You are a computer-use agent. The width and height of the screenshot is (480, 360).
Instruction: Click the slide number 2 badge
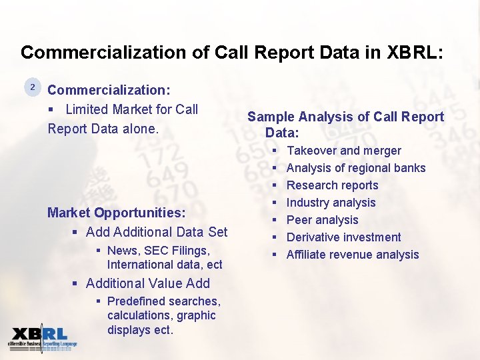point(31,87)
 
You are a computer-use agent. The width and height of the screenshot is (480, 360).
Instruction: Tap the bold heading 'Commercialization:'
point(109,90)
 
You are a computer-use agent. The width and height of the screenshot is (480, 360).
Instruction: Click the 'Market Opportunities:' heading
point(116,213)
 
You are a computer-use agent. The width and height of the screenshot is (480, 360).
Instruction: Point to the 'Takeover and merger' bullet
point(343,151)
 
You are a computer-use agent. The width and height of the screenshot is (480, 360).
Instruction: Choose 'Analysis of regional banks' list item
point(355,168)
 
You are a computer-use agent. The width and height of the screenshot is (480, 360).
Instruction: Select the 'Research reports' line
point(332,185)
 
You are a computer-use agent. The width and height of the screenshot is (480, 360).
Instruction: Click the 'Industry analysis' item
point(331,203)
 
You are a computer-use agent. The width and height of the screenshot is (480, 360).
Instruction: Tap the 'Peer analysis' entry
point(322,220)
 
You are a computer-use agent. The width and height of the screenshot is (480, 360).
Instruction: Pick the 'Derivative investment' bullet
point(343,237)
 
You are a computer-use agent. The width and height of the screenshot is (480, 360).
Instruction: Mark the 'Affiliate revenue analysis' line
point(352,255)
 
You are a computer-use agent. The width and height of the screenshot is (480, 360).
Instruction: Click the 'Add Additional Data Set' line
point(156,232)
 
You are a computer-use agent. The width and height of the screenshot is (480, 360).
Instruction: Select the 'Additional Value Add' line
point(147,283)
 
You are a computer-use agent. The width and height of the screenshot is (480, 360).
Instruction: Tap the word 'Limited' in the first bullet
point(87,109)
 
